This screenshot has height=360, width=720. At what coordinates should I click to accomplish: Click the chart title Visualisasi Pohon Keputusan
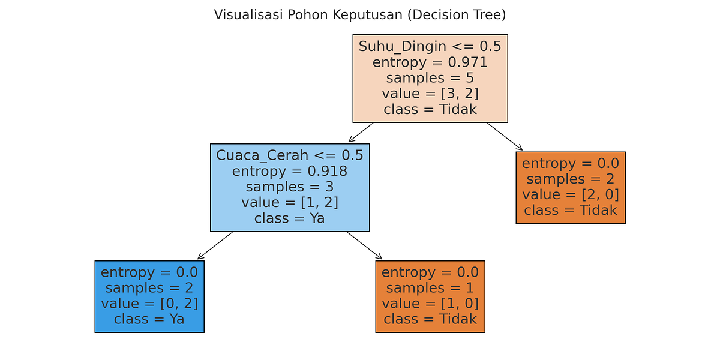[360, 14]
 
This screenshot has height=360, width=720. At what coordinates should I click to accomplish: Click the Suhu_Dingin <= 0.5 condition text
[430, 46]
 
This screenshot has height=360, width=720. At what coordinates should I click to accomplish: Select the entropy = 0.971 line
[430, 62]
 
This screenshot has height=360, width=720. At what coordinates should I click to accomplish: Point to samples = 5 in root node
[430, 78]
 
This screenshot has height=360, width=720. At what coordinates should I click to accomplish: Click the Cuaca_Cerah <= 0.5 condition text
[290, 155]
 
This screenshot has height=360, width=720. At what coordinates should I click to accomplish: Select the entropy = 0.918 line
[290, 171]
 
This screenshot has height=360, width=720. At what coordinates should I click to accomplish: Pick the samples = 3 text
[290, 187]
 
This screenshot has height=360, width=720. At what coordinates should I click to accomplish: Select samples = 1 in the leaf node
[430, 288]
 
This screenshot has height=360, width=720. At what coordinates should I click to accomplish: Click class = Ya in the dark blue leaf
[149, 319]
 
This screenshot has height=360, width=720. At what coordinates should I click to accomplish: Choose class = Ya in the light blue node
[290, 218]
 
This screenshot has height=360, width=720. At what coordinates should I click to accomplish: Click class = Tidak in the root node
[430, 109]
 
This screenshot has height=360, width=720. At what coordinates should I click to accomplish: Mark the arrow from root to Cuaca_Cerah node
[361, 133]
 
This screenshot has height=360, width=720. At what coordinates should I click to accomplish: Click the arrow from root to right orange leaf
[505, 137]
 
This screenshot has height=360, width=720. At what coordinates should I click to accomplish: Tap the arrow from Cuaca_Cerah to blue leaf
[215, 245]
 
